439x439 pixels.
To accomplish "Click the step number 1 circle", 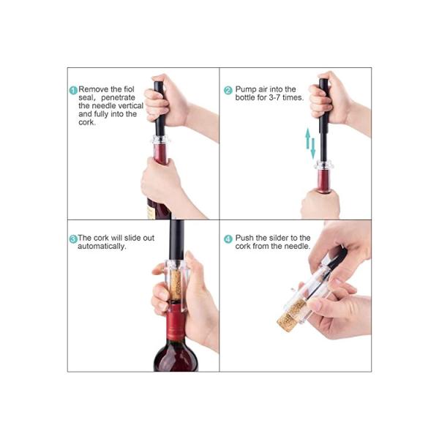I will [74, 90].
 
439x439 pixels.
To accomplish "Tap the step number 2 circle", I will [228, 90].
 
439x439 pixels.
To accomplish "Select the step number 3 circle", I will [73, 239].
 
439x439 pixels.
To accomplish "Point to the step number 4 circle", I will [228, 239].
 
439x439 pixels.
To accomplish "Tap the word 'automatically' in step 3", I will [102, 247].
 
